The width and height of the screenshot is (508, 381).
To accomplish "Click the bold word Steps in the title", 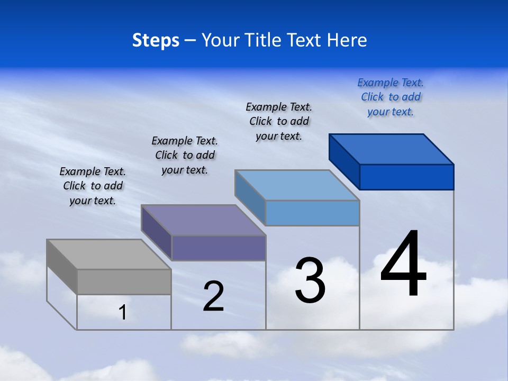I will (x=156, y=40).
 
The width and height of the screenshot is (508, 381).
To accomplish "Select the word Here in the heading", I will (x=347, y=40).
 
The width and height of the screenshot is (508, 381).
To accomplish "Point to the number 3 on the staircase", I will (x=310, y=280).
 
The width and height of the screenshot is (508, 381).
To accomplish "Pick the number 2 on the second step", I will (x=213, y=296).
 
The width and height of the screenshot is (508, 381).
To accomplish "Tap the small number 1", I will (x=123, y=313).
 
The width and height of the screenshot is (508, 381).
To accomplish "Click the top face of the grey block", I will (x=108, y=254).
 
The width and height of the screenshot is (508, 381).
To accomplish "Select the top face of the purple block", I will (x=203, y=220).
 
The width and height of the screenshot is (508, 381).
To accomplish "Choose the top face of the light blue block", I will (x=297, y=185).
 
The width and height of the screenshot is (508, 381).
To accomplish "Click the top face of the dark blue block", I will (x=391, y=149).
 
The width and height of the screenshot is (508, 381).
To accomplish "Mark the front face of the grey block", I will (x=124, y=282).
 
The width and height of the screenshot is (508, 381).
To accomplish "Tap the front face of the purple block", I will (x=218, y=248).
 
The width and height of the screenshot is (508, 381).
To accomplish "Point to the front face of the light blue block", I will (x=312, y=213).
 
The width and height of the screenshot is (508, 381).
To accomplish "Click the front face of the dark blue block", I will (x=406, y=177).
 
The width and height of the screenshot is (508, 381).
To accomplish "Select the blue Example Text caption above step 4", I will (x=391, y=97).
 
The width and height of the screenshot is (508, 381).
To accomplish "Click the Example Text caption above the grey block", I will (x=93, y=186).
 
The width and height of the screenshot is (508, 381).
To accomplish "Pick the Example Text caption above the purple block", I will (x=185, y=155).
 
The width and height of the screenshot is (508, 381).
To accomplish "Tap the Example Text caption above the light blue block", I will (x=279, y=121).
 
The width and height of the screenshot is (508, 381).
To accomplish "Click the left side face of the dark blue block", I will (x=344, y=161).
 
